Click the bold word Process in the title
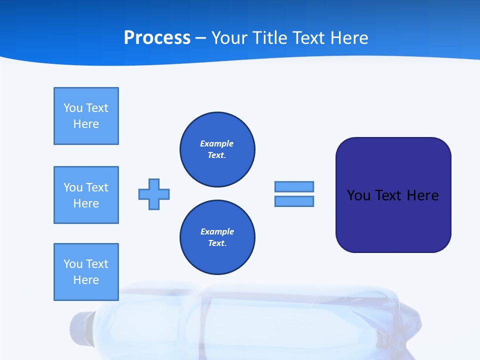point(157,38)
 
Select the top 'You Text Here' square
point(86,116)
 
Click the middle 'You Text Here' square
point(86,195)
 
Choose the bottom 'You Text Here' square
point(86,272)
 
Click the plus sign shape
point(154,194)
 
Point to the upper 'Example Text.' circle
point(217,149)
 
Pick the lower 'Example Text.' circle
point(217,237)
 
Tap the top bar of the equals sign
point(294,186)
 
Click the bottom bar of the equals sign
point(294,201)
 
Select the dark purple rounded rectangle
point(393,225)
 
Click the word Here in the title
point(349,38)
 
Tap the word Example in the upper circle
point(216,144)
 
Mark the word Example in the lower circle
point(217,232)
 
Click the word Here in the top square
point(86,124)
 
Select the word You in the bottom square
point(73,264)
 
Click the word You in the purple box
point(358,195)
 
